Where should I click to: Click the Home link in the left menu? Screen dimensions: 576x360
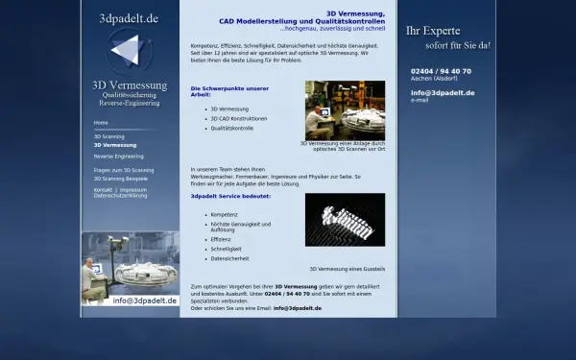[101, 123]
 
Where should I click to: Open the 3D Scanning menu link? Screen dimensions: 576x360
[108, 136]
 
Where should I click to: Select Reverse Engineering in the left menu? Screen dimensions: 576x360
[118, 156]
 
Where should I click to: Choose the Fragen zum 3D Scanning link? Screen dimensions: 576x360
[123, 170]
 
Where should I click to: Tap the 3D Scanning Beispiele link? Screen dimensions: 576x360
[120, 179]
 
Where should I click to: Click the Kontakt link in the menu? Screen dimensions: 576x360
[103, 189]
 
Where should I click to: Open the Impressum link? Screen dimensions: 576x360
[133, 189]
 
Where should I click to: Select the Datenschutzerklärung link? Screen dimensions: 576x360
[120, 195]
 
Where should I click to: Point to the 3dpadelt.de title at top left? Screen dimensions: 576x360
[129, 18]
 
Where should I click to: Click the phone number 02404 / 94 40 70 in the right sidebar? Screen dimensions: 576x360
[441, 71]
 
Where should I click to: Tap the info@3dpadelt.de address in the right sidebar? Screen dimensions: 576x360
[443, 92]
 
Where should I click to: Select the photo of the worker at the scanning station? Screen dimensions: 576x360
[345, 109]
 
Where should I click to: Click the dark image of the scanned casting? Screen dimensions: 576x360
[345, 219]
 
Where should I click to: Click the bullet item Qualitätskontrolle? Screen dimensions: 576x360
[231, 128]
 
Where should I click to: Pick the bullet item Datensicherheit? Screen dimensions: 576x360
[229, 258]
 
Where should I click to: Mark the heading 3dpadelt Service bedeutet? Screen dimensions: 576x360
[230, 196]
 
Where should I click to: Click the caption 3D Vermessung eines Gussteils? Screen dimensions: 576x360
[347, 269]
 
